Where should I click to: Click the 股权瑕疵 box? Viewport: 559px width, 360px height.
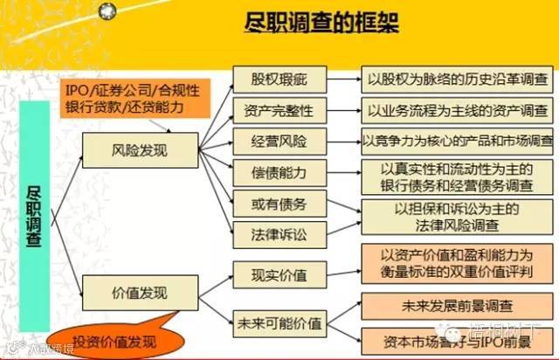279,78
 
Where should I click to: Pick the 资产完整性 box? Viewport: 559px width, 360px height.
279,110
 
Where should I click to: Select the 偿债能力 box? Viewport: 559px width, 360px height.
279,172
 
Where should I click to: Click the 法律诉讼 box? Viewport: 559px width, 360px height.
279,233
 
